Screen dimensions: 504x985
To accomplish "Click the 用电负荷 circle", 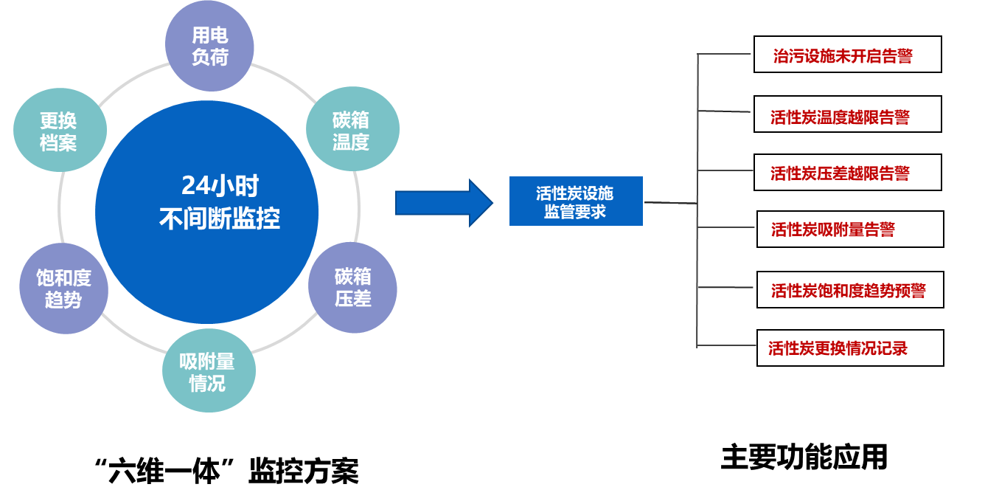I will (209, 46).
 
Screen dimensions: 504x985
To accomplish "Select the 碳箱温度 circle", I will (352, 130).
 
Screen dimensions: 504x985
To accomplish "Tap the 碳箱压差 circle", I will (352, 287).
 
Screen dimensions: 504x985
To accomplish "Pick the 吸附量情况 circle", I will (209, 371).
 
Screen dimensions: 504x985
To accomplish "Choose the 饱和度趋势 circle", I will (63, 288).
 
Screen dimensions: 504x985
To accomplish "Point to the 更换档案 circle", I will (60, 131).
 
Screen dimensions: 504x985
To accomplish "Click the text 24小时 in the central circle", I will (220, 186).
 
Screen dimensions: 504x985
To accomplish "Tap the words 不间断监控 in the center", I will (220, 218).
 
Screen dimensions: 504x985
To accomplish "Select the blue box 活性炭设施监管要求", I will (576, 201).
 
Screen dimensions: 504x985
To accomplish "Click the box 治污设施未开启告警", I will (847, 55).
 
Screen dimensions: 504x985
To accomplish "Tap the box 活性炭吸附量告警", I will (850, 229).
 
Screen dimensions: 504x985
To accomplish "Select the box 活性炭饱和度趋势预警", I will (850, 289).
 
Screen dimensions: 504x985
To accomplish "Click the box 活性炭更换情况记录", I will (850, 348).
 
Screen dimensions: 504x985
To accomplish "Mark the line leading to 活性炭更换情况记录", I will (726, 345).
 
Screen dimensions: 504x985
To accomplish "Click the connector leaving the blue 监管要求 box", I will (669, 202).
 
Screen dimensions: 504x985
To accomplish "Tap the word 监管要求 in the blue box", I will (575, 211).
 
